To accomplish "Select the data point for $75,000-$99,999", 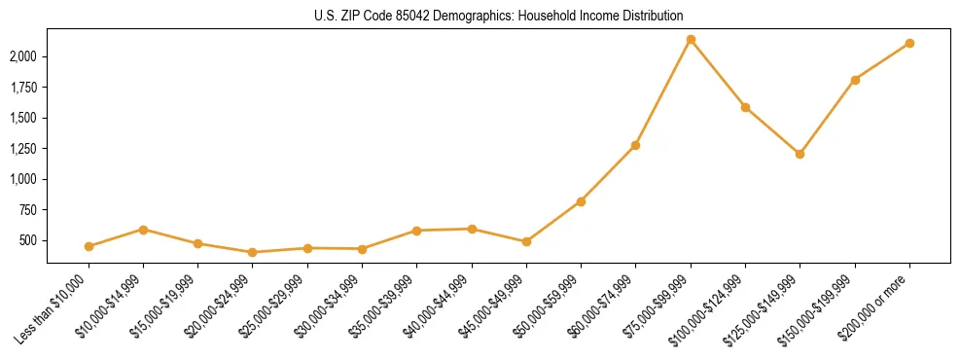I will [691, 40].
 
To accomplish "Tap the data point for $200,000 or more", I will [909, 43].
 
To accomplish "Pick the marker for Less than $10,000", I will [89, 246].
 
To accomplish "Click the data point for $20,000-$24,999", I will [253, 252].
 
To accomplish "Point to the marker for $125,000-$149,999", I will [800, 154].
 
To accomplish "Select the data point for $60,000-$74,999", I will [635, 145].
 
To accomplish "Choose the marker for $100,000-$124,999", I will [745, 107].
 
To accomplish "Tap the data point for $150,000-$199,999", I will [855, 80].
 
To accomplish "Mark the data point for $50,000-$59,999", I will [581, 201].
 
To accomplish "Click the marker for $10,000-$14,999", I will [143, 230].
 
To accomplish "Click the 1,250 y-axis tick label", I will [24, 149].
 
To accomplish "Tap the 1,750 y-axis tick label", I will [24, 88].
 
